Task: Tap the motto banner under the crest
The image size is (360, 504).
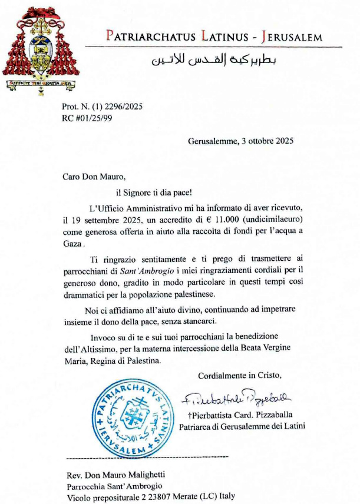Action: [x=40, y=82]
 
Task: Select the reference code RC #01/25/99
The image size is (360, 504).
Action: [x=88, y=117]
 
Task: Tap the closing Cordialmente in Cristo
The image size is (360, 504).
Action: [x=240, y=376]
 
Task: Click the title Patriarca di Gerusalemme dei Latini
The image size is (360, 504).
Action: [x=242, y=426]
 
